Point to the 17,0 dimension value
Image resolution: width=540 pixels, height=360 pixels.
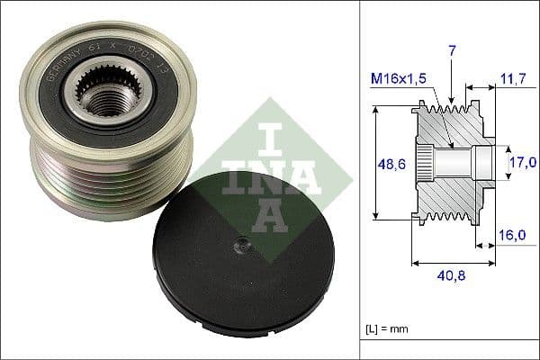(x=522, y=163)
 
